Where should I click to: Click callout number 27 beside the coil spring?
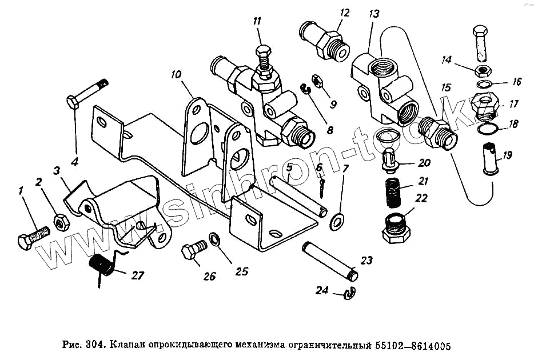137,276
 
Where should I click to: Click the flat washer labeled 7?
337,219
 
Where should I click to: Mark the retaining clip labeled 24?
348,294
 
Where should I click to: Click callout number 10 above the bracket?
176,74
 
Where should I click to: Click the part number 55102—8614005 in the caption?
412,346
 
